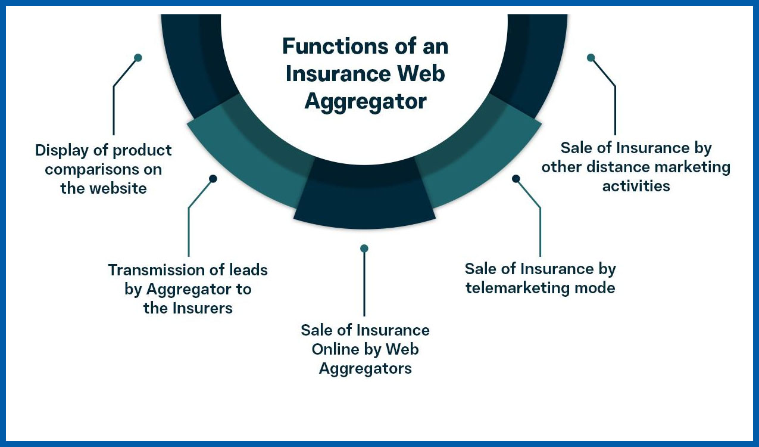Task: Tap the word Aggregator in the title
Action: [366, 101]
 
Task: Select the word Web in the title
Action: [423, 74]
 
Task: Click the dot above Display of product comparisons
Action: [138, 58]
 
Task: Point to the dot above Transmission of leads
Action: [213, 178]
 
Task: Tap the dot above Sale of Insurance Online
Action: [364, 248]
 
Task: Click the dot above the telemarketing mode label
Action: [516, 178]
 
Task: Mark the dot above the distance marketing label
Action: [591, 58]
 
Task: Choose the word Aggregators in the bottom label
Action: [365, 368]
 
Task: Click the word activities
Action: [636, 186]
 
